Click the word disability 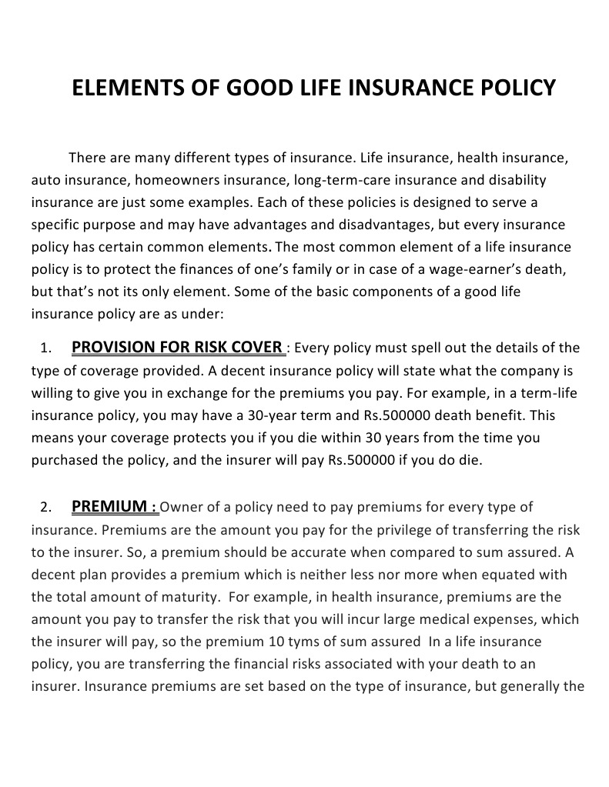tap(516, 181)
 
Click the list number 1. tap(45, 348)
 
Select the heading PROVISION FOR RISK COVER tap(177, 347)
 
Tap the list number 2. tap(45, 508)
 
